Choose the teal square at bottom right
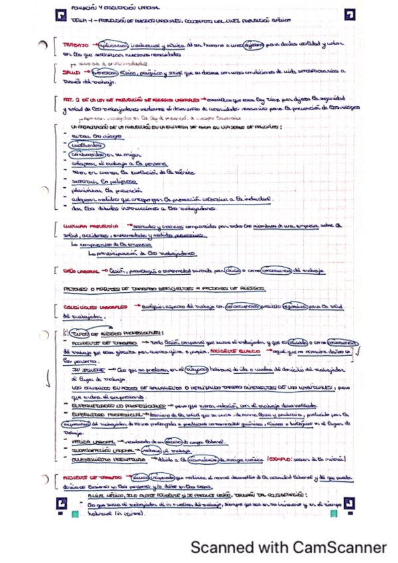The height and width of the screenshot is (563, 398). click(x=334, y=513)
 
